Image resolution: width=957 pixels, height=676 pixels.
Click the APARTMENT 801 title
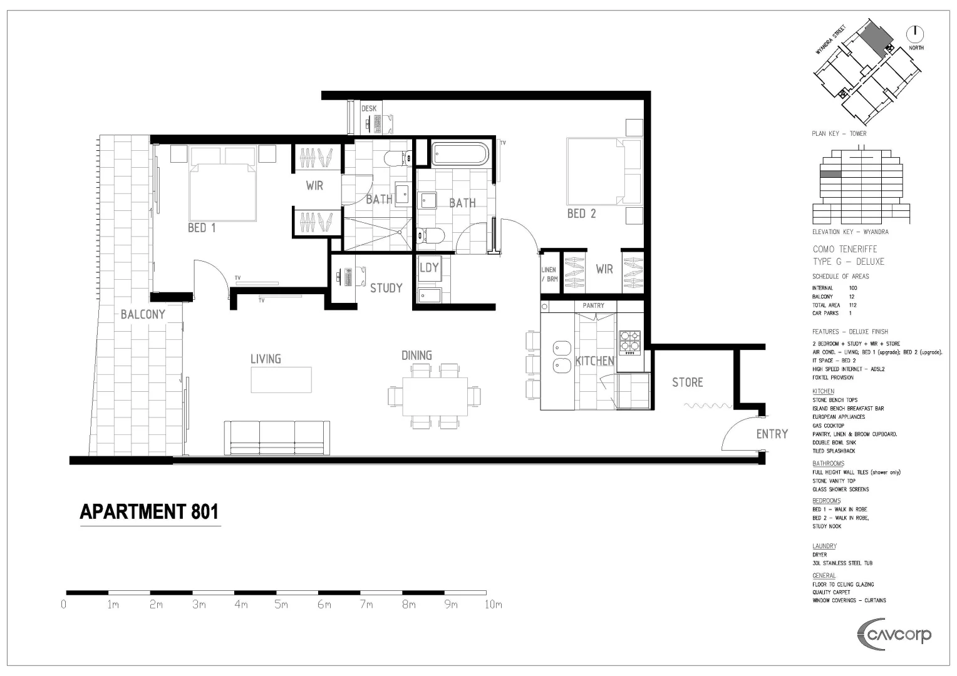pos(149,512)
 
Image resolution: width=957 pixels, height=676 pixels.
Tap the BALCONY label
pos(143,314)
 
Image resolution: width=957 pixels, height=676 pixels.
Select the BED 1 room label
pos(202,228)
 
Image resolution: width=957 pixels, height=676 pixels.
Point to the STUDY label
pos(386,288)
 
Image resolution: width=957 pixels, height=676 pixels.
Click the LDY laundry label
pos(429,268)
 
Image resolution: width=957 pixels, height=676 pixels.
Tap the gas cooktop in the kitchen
pos(629,343)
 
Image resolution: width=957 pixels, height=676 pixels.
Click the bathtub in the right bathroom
pos(459,155)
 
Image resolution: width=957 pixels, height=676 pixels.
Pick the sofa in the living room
pos(277,438)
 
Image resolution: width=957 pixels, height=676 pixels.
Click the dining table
pos(435,396)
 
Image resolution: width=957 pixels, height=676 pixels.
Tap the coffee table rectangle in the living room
pos(281,380)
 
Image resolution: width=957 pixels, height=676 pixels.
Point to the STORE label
pos(687,382)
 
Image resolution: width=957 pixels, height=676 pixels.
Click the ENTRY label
pos(772,434)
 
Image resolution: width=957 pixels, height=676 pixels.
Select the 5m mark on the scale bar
pos(281,604)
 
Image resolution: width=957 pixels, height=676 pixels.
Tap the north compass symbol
pos(915,33)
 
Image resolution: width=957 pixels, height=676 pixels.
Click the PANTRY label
pos(593,305)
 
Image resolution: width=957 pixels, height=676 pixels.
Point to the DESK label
pos(369,108)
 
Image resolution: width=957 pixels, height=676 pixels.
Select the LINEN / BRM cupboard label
pos(549,274)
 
